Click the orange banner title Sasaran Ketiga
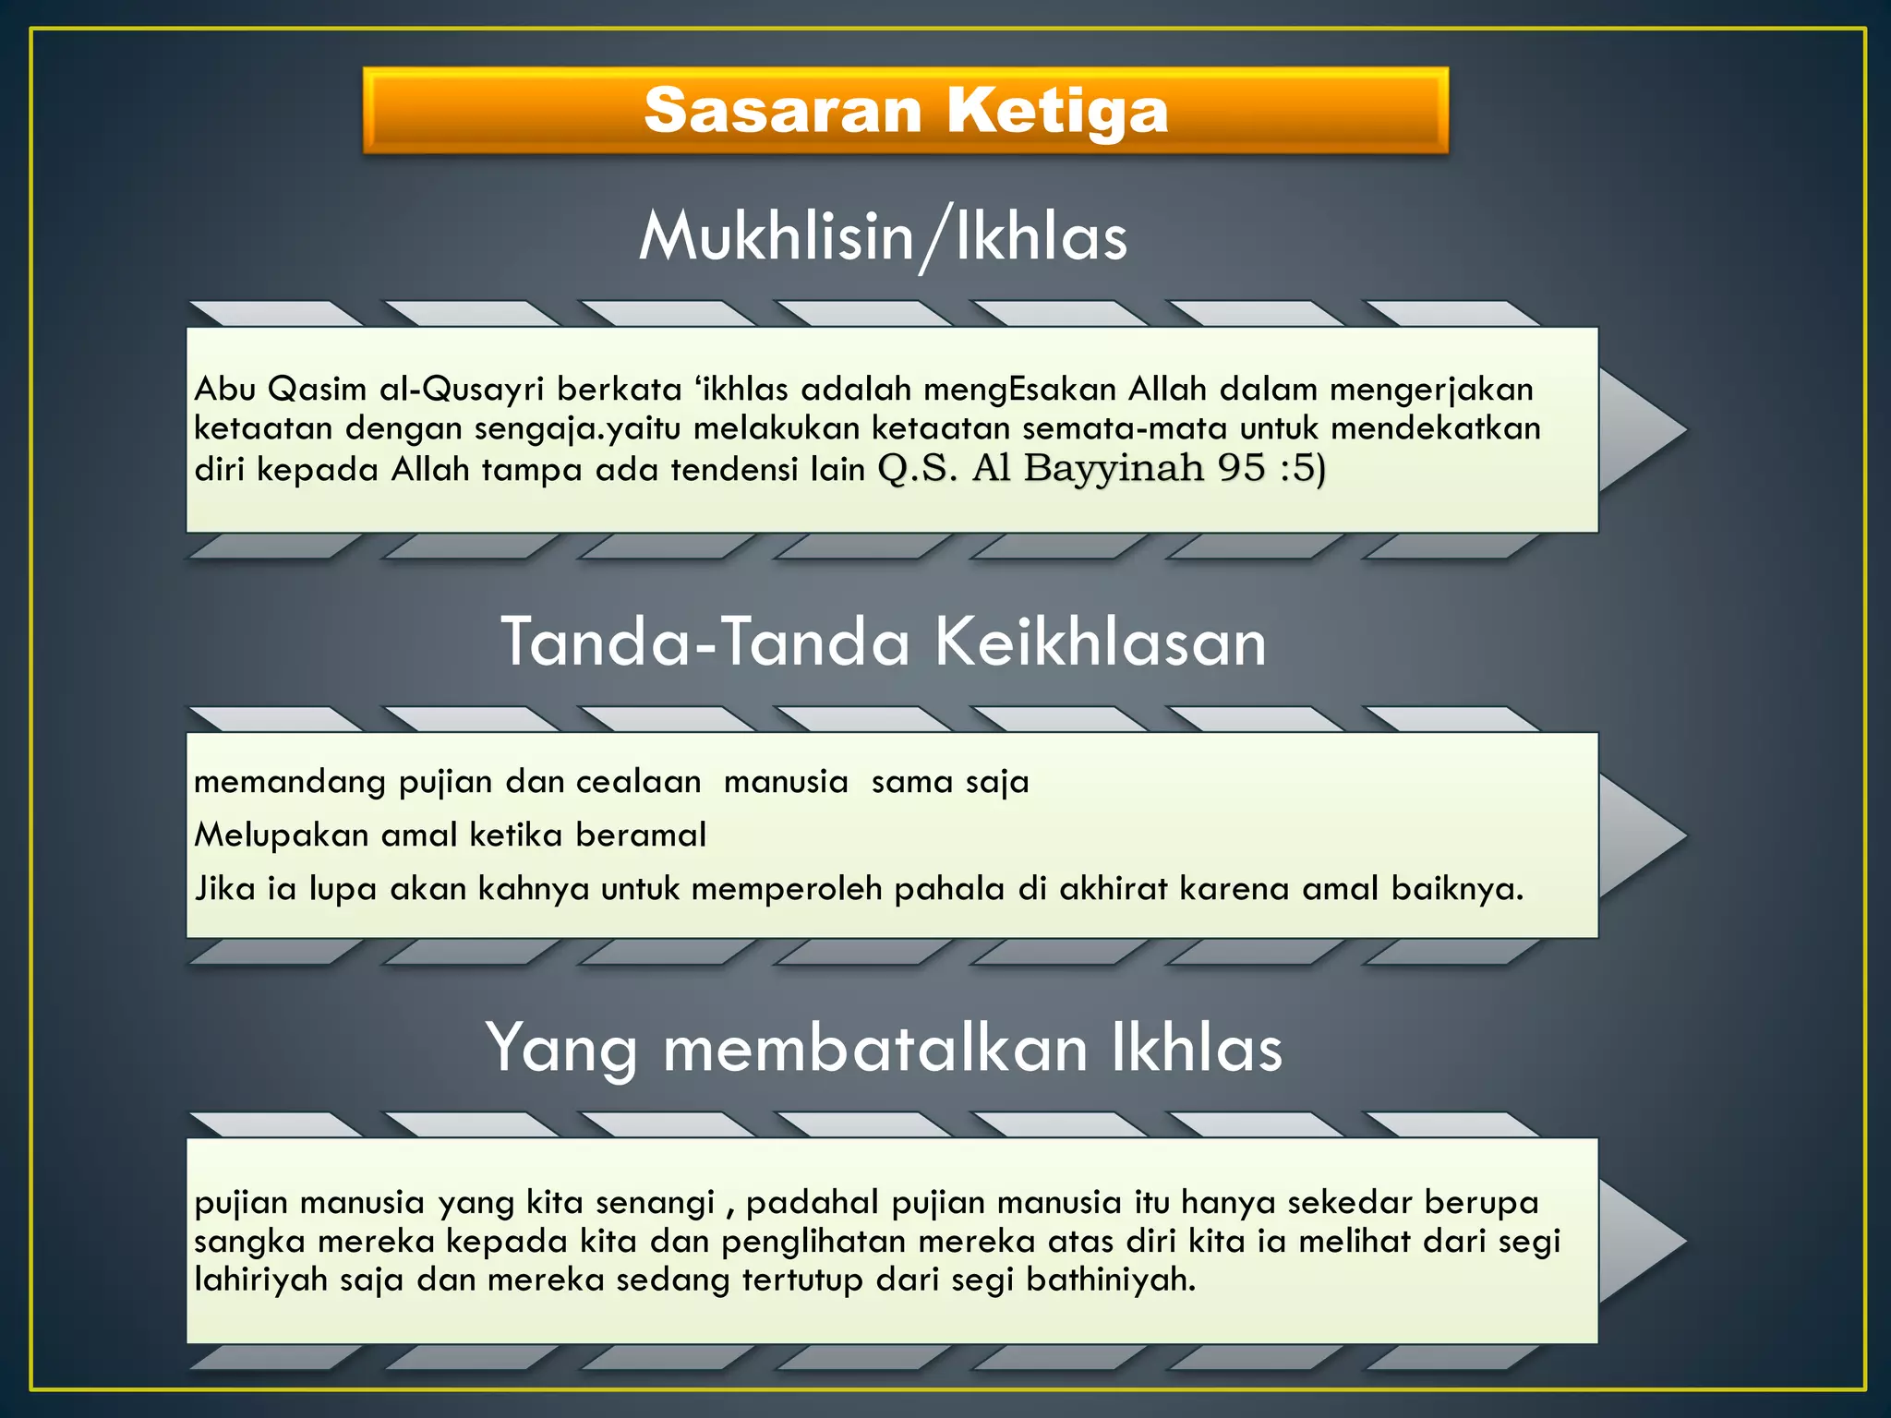coord(906,111)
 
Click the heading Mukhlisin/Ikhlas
coord(883,237)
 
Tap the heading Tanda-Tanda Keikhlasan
coord(883,642)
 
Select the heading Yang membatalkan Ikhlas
coord(884,1048)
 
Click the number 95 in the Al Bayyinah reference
coord(1240,468)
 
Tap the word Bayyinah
coord(1113,470)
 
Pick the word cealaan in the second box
coord(638,783)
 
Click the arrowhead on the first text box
coord(1641,429)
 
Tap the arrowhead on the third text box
coord(1641,1241)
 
